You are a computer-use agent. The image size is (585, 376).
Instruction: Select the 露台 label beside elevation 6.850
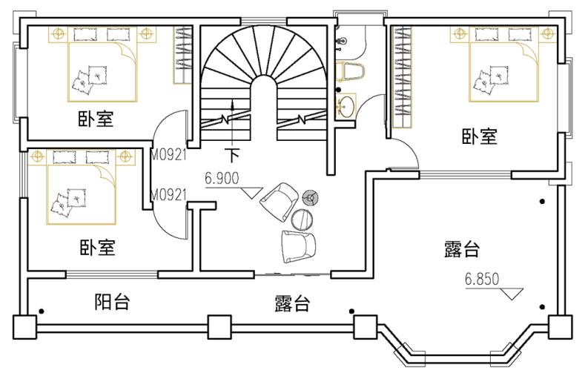coord(461,249)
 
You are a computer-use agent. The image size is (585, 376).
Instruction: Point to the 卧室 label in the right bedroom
coord(479,136)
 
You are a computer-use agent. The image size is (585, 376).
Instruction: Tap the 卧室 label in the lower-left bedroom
coord(97,246)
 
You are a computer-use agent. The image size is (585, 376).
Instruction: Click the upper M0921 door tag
coord(168,156)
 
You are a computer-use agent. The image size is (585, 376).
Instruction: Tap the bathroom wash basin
coord(346,105)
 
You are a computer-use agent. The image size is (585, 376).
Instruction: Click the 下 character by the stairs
coord(234,155)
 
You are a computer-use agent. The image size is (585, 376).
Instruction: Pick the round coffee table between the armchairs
coord(302,219)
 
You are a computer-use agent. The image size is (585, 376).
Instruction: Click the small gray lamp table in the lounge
coord(311,197)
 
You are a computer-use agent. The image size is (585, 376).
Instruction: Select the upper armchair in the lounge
coord(279,200)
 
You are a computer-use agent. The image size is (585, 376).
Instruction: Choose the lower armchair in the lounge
coord(298,245)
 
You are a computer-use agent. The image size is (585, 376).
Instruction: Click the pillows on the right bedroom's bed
coord(486,79)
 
